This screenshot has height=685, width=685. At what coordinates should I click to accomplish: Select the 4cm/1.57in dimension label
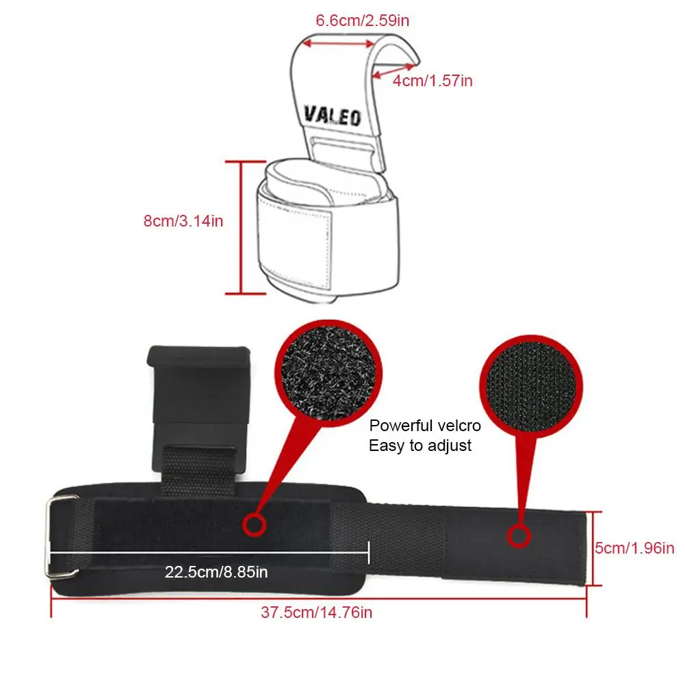click(x=432, y=81)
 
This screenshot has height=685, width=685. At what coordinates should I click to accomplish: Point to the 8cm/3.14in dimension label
click(x=183, y=222)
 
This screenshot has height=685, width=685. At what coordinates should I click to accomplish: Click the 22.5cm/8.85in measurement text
click(x=216, y=571)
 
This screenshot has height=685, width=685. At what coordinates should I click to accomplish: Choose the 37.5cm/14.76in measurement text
click(x=316, y=612)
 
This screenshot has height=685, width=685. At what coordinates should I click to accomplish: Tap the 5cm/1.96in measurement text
click(x=635, y=547)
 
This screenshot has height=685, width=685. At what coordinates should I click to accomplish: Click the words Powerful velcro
click(x=425, y=426)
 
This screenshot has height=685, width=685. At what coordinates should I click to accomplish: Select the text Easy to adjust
click(x=420, y=445)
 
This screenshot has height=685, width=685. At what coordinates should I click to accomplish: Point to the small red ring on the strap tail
click(x=518, y=535)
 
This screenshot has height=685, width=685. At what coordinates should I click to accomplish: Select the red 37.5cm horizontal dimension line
click(x=319, y=596)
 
